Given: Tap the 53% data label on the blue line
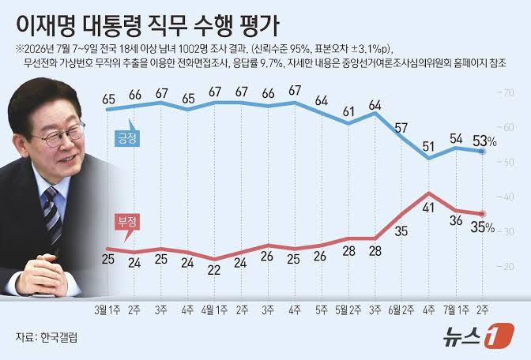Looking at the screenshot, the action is point(484,141).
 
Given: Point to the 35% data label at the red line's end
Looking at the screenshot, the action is point(483,227).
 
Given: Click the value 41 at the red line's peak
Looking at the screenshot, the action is point(428,207).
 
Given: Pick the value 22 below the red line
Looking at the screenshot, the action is point(214,270).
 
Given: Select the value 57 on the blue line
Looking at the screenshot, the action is point(401,128).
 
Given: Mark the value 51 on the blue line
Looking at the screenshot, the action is point(428,147).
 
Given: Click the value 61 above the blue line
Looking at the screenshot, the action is point(348,111).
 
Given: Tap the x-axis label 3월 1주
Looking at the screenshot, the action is point(107,310).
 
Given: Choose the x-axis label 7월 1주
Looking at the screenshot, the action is point(456,310).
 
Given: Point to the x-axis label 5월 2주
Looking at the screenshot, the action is point(348,310).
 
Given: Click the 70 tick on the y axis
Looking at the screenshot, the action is point(507,92).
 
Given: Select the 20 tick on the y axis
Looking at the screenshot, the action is point(507,267).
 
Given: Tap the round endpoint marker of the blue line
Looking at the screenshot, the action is point(483,152).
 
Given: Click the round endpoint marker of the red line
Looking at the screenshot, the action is point(483,214).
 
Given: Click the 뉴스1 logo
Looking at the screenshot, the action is point(479,336).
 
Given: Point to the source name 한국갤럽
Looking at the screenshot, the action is point(59,337).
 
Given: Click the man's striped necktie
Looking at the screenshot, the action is point(52,216).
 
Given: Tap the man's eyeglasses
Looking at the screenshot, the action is point(59,135).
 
